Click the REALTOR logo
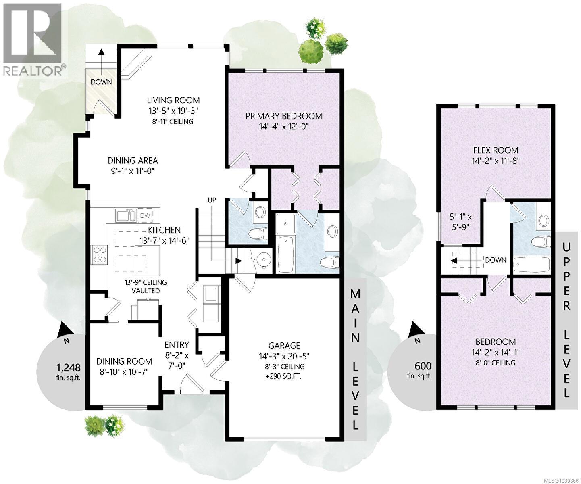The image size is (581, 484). tap(32, 38)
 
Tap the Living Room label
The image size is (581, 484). tap(173, 100)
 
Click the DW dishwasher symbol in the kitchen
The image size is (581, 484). tap(145, 216)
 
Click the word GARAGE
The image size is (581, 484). tap(285, 346)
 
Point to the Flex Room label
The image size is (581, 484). tap(496, 150)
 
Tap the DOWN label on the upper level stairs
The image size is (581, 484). tap(496, 260)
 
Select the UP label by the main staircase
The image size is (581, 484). tap(212, 200)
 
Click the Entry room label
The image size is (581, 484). tap(177, 345)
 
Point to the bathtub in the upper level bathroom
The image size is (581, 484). tap(532, 265)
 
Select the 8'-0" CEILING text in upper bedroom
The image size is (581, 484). tap(496, 363)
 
